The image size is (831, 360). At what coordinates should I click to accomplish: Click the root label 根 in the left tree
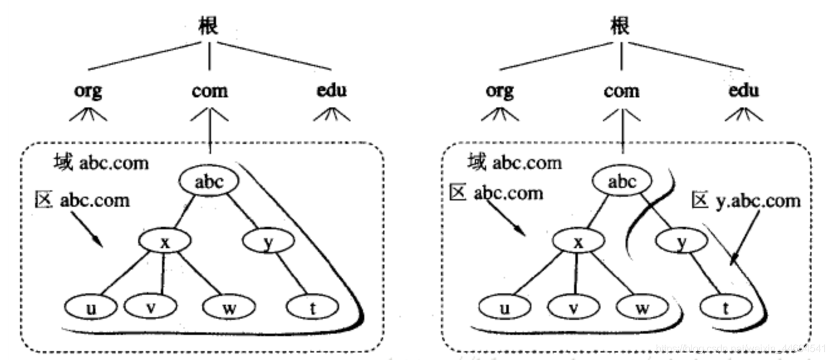tap(209, 26)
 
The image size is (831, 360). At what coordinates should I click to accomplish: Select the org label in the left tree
tap(87, 90)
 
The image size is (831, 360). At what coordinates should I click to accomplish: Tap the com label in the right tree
tap(622, 91)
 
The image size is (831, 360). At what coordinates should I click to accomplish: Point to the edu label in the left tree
tap(331, 90)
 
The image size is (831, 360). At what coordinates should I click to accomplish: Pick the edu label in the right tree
tap(744, 90)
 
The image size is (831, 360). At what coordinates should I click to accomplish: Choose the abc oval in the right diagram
tap(622, 182)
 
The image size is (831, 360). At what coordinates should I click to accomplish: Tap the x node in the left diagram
tap(165, 242)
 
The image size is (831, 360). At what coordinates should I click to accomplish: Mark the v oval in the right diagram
tap(572, 307)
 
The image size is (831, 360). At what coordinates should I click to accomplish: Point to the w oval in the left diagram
tap(229, 307)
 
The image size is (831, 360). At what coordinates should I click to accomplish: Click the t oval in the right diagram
tap(725, 307)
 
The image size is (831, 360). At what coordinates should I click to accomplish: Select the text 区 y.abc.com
tap(746, 201)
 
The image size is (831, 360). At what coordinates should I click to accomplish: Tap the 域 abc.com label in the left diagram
tap(101, 163)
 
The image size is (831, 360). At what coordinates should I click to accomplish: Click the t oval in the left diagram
tap(312, 307)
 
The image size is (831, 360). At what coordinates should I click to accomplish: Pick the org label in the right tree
tap(500, 90)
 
